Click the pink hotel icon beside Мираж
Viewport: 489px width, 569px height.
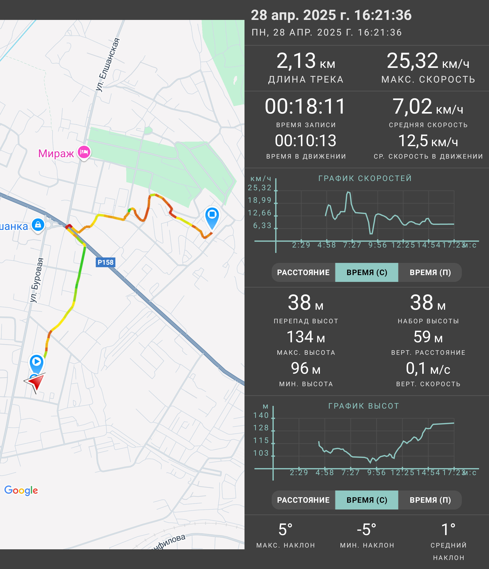(84, 152)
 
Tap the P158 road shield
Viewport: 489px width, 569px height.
(105, 262)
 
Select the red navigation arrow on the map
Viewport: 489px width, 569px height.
(35, 382)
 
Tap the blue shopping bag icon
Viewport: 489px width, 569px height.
(38, 225)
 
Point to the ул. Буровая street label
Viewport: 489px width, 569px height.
(36, 280)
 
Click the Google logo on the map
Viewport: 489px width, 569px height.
(21, 490)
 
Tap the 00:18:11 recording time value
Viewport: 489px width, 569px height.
(305, 106)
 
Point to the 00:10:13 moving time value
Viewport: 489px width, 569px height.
(305, 140)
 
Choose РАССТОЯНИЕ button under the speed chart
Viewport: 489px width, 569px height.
(303, 272)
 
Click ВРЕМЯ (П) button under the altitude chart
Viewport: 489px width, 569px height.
(430, 500)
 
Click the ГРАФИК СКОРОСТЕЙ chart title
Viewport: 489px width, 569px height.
(365, 178)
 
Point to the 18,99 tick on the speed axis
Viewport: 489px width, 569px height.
(259, 200)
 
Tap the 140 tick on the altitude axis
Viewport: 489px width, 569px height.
(261, 415)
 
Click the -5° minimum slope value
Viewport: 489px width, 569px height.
(367, 529)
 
